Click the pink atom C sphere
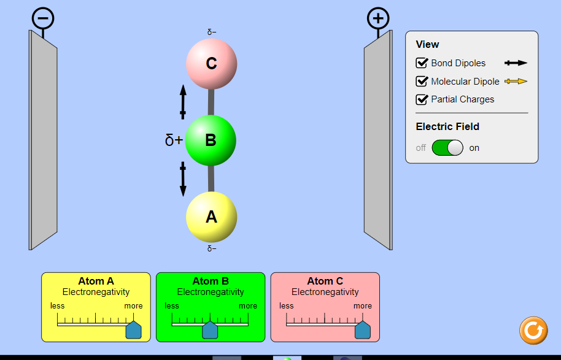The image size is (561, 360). [x=212, y=64]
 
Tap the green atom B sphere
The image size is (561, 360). [x=211, y=140]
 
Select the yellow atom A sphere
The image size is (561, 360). [x=211, y=216]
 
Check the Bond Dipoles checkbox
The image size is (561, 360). [x=422, y=63]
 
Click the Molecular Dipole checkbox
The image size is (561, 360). [x=422, y=81]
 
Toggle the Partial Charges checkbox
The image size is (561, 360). [x=422, y=99]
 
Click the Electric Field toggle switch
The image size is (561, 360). [x=447, y=148]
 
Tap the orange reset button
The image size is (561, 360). [x=533, y=331]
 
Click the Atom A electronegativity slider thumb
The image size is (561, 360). [x=133, y=331]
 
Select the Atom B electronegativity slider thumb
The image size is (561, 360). [x=210, y=331]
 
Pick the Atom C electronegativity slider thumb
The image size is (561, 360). [x=362, y=331]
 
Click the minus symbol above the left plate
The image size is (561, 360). [x=43, y=18]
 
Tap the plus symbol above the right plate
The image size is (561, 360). [x=378, y=18]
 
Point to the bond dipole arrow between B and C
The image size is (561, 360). [x=183, y=102]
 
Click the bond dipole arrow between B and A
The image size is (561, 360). [x=183, y=179]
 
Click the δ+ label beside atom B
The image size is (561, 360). [x=174, y=140]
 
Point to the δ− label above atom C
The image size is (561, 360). [x=212, y=32]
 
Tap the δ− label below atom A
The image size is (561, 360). [x=212, y=248]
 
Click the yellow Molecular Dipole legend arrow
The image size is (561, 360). [x=516, y=81]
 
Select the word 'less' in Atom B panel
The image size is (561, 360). [x=172, y=305]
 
